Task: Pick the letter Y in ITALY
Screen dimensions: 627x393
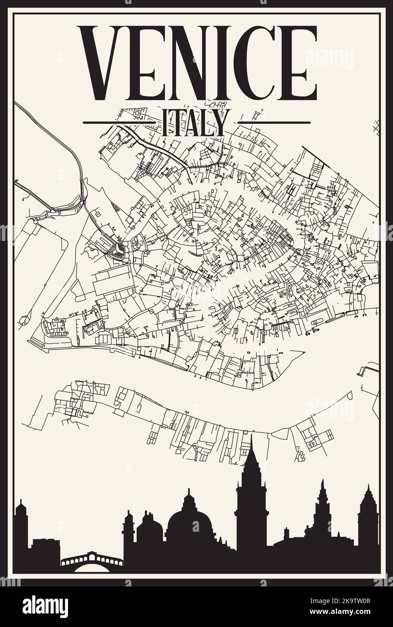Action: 221,123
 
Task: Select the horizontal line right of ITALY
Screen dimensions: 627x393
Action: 274,122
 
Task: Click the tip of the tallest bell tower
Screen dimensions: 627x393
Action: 251,437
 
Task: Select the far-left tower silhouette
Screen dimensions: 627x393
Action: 21,532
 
